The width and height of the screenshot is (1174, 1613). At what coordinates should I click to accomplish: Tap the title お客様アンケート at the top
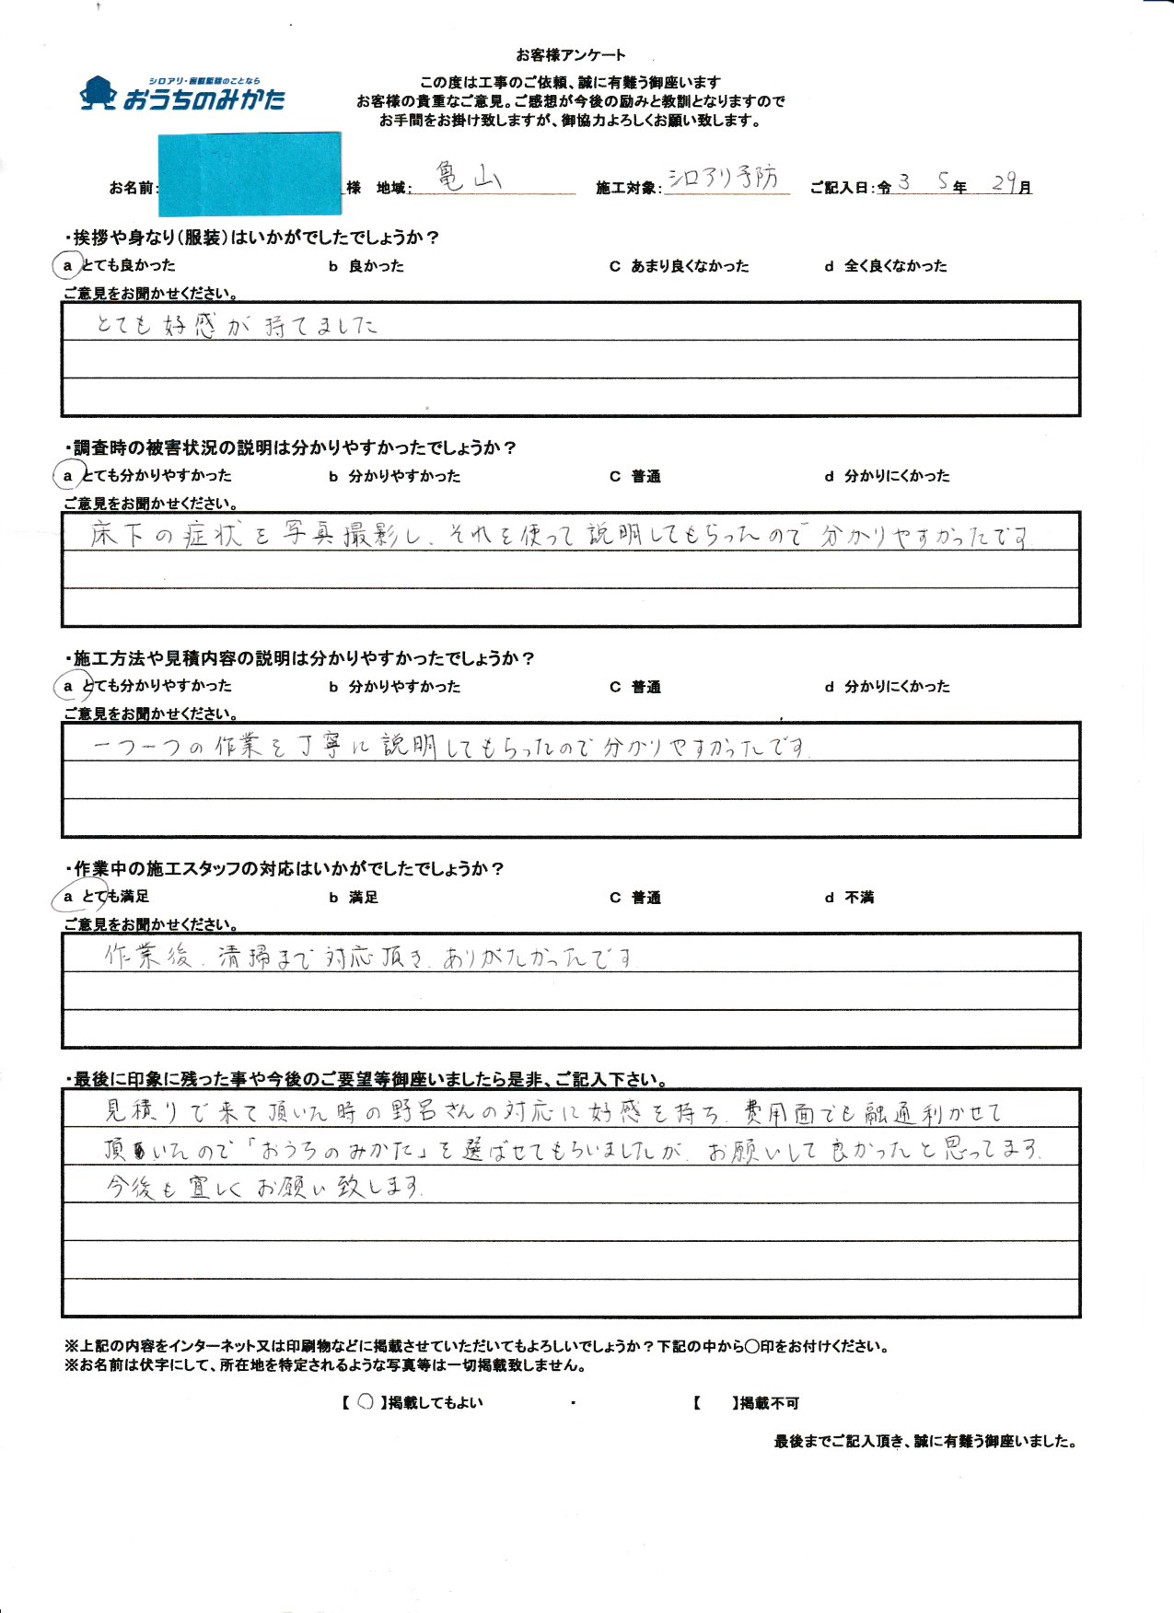click(x=570, y=55)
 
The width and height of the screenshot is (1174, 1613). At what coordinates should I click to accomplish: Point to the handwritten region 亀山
click(x=468, y=175)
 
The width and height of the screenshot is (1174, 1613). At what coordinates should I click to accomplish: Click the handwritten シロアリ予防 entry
click(x=724, y=178)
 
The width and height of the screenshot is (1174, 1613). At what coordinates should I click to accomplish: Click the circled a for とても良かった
click(x=67, y=265)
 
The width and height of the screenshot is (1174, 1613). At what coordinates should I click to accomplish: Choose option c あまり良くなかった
click(x=679, y=266)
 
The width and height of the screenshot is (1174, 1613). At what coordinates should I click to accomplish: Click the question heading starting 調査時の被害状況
click(x=294, y=448)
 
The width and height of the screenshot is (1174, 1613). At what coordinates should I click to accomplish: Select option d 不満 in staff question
click(x=849, y=898)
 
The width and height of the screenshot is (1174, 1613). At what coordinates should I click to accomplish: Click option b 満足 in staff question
click(x=354, y=898)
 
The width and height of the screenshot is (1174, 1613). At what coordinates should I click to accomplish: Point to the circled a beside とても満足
click(x=67, y=897)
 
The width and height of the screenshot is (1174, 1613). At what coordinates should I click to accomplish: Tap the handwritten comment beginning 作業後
click(x=368, y=957)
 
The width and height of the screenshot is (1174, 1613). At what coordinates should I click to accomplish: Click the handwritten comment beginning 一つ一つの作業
click(x=451, y=747)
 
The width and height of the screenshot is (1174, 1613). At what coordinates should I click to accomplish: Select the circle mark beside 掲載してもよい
click(x=365, y=1402)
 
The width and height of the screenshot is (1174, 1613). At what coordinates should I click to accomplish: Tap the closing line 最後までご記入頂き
click(x=924, y=1442)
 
